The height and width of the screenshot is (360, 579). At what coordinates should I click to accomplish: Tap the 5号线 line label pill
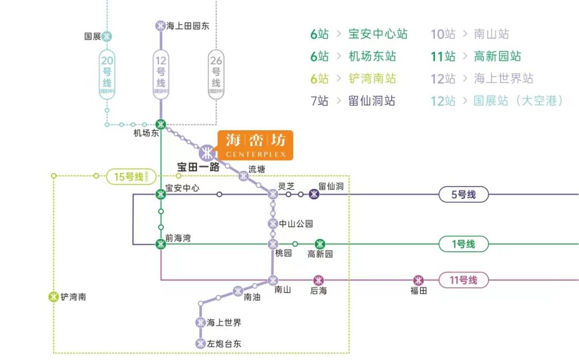[463, 194]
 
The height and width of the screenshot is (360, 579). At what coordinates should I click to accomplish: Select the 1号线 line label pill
[463, 244]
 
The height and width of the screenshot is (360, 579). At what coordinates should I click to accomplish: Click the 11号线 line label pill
[463, 280]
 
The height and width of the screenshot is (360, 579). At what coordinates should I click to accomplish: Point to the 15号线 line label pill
[131, 176]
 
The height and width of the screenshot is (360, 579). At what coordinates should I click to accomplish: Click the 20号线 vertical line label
[107, 75]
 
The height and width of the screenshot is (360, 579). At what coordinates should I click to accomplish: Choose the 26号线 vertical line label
[216, 75]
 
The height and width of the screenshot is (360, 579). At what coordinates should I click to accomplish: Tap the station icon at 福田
[418, 280]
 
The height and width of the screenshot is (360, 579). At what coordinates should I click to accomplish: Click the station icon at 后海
[318, 280]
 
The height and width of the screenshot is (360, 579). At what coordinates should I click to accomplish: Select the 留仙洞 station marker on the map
[314, 194]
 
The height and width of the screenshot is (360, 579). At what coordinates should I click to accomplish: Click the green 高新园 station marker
[320, 244]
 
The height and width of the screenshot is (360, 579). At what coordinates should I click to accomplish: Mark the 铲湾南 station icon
[54, 296]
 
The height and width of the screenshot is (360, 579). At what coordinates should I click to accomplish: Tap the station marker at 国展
[107, 36]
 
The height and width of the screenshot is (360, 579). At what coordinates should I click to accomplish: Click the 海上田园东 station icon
[160, 25]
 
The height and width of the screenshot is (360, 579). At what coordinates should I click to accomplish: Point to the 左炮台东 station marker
[201, 343]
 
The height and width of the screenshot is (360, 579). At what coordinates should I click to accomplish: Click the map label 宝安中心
[182, 188]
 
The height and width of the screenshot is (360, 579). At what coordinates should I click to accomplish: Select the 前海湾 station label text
[178, 238]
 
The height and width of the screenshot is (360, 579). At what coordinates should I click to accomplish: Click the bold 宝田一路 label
[198, 167]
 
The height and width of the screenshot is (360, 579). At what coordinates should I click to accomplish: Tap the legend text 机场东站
[372, 56]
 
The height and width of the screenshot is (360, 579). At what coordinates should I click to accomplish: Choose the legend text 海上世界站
[503, 79]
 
